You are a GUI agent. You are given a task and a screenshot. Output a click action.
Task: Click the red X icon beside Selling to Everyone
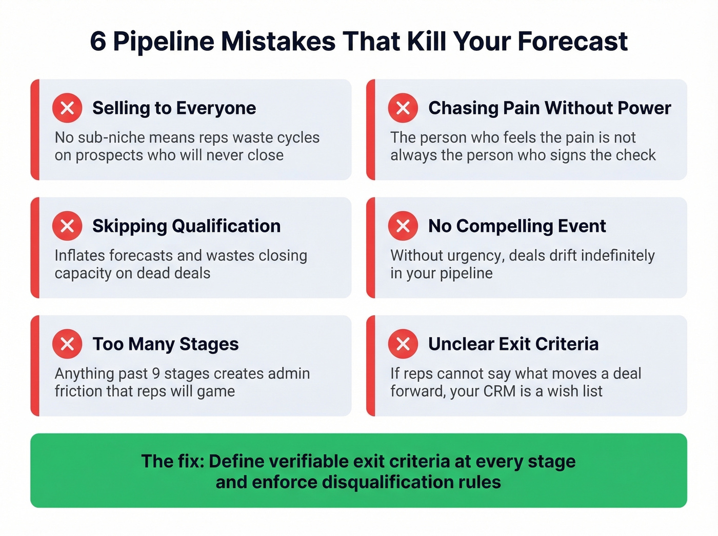67,108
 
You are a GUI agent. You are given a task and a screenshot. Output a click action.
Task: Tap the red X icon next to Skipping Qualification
67,226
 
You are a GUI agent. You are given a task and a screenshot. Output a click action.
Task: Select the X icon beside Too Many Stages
67,344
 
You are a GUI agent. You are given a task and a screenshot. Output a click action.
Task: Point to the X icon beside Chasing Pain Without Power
403,108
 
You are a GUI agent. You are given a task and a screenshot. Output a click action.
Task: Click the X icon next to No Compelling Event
403,226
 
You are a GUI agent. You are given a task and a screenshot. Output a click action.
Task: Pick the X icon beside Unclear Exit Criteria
403,344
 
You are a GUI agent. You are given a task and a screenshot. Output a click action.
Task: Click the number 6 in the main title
98,42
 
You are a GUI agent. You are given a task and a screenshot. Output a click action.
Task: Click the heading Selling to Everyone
174,108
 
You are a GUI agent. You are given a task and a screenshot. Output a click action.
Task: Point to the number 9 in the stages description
156,373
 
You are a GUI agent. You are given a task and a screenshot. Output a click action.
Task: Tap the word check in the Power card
636,155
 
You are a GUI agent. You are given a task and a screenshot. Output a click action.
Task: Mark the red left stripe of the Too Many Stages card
35,366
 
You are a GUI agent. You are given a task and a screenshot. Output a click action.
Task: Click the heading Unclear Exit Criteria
513,344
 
